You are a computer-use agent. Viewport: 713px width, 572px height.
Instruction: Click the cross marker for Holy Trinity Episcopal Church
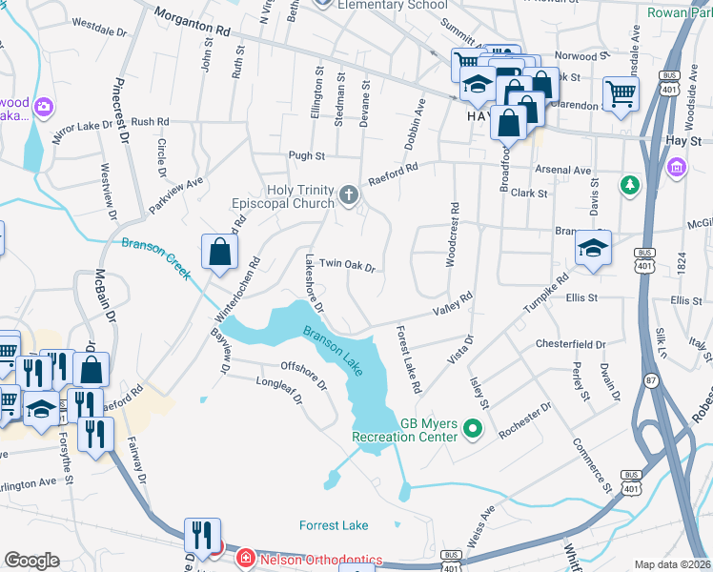tap(350, 197)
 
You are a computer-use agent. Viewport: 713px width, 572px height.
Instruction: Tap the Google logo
tap(31, 561)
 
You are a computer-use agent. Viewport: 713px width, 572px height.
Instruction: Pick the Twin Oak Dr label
tap(347, 264)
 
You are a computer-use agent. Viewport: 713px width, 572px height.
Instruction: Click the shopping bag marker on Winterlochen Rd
tap(219, 253)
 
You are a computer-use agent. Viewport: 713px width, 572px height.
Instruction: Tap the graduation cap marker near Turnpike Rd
tap(593, 250)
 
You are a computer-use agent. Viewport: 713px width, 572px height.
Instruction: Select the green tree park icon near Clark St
tap(628, 184)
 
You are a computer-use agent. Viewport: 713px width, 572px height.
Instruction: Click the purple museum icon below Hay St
tap(677, 168)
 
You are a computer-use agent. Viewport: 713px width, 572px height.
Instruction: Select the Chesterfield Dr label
tap(571, 344)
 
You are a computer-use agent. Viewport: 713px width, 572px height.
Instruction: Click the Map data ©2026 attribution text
tap(671, 564)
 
